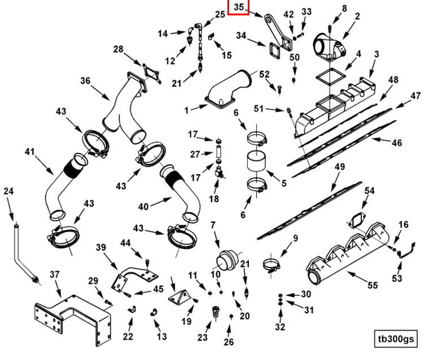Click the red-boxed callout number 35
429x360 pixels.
point(238,7)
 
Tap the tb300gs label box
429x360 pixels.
point(396,339)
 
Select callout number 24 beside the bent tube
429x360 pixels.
point(8,192)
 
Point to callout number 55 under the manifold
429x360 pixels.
point(373,286)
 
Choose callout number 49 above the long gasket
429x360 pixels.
point(339,167)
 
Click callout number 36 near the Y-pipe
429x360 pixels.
point(85,81)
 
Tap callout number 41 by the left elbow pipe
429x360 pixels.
point(30,151)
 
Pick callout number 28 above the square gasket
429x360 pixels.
point(118,50)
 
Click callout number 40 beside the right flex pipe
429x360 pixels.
point(143,207)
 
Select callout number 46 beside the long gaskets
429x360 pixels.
point(397,143)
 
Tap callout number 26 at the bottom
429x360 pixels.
point(229,341)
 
